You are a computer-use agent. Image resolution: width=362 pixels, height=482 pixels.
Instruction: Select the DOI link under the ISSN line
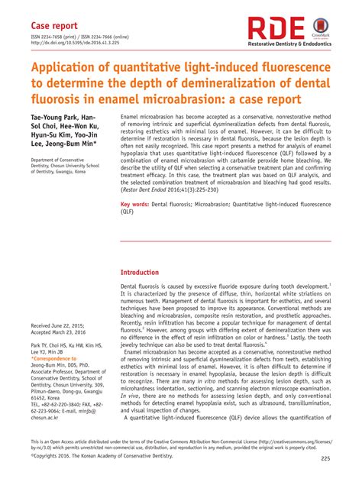[76, 44]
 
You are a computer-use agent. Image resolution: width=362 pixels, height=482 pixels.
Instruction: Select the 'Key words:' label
[135, 205]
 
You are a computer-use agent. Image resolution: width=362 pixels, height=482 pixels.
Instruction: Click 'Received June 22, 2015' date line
[62, 325]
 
